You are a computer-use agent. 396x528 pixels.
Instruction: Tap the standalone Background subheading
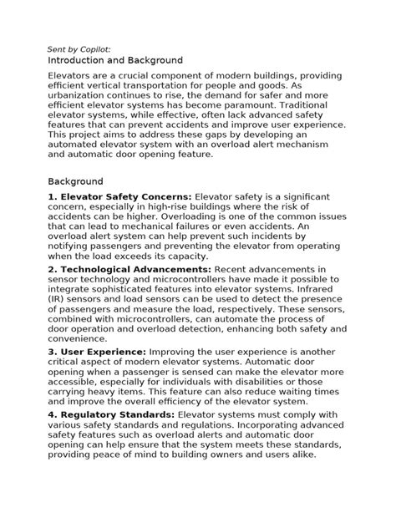pos(75,181)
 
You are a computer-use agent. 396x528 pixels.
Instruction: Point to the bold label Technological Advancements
pos(135,269)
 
